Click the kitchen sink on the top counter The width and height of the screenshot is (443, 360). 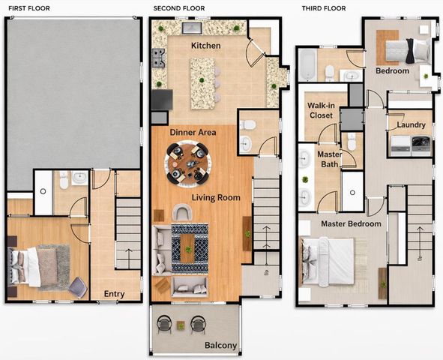190,28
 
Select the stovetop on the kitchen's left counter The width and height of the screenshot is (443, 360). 159,56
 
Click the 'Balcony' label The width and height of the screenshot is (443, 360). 220,346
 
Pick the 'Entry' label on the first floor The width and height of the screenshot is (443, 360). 114,294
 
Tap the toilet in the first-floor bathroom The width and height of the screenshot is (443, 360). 64,180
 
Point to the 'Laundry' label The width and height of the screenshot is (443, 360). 412,124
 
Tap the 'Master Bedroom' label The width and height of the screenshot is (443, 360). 352,223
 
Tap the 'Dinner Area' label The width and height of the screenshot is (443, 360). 193,132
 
